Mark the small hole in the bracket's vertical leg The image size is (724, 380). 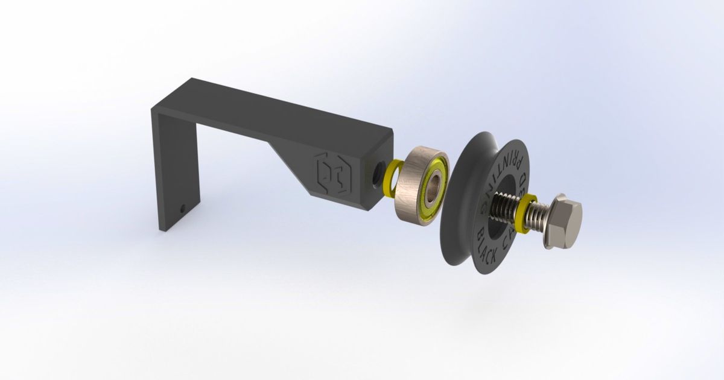coord(183,209)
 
